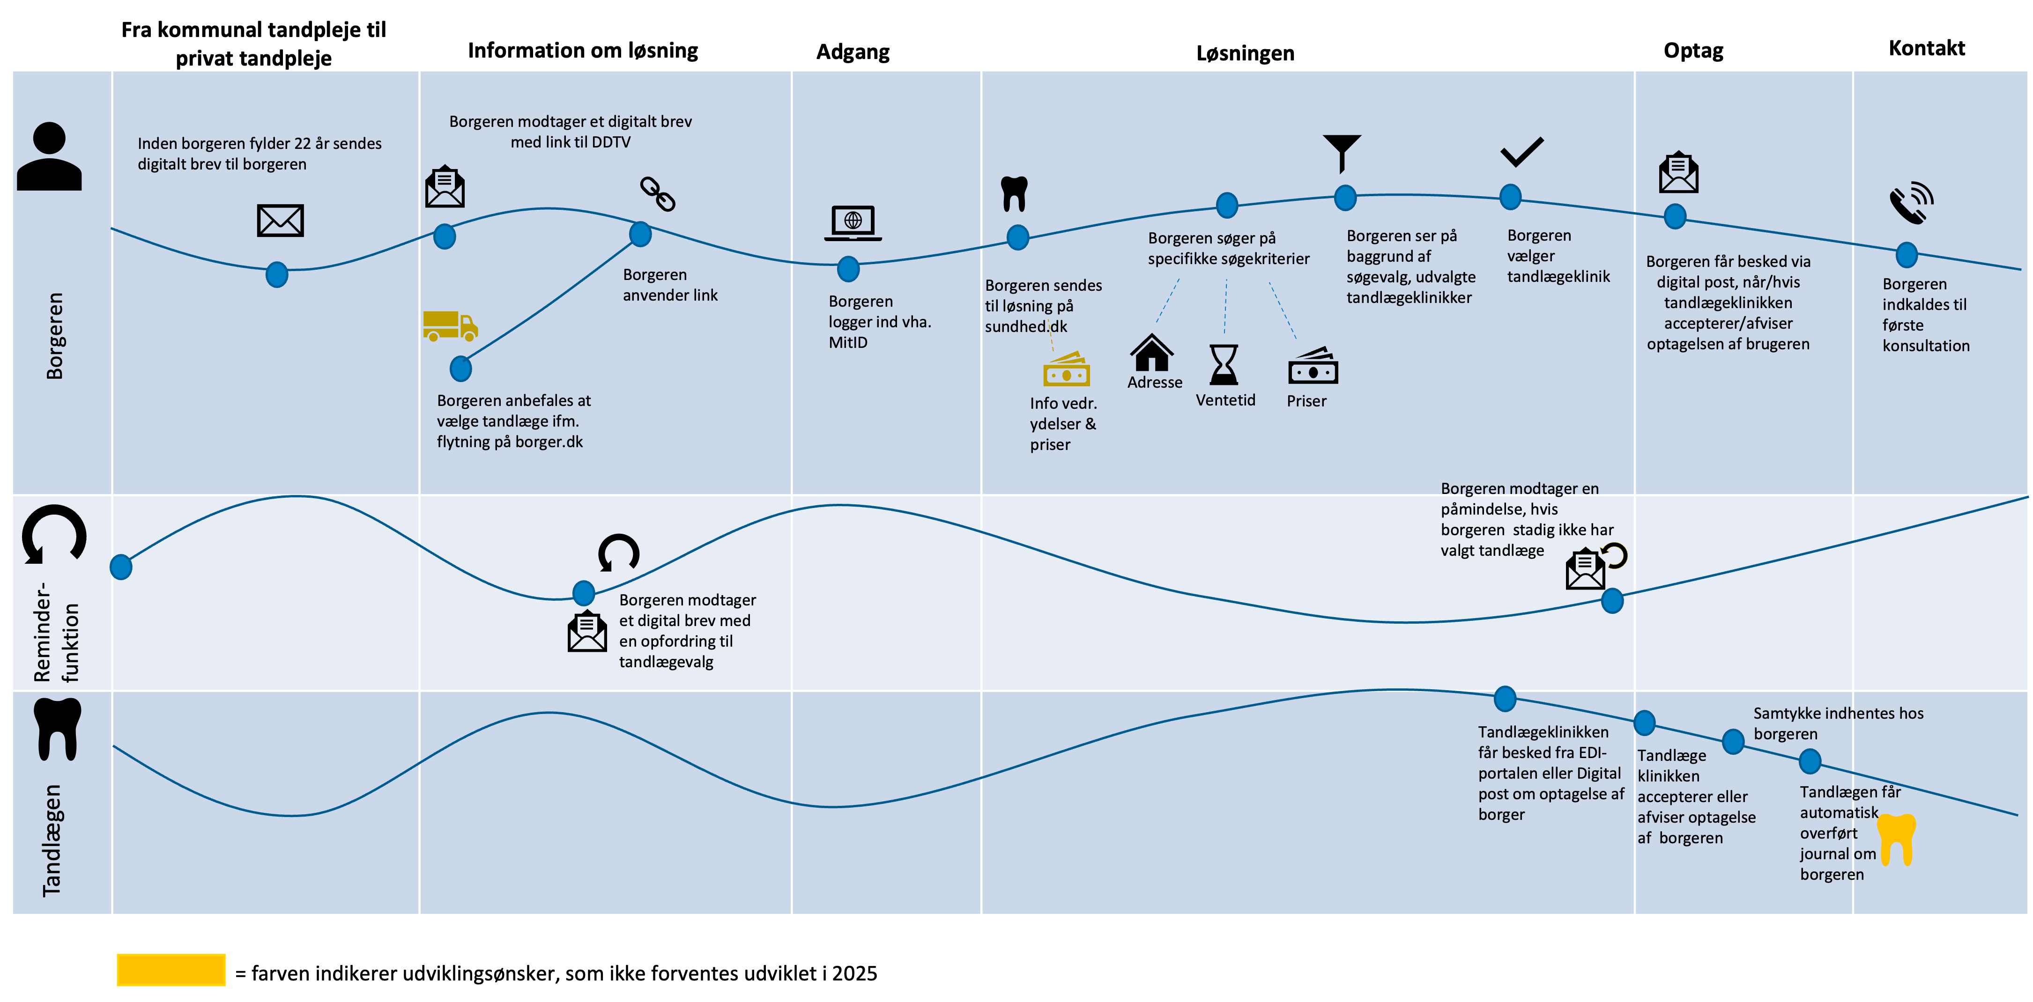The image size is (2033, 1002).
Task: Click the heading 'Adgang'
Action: [853, 52]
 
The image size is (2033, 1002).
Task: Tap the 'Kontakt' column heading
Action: [1927, 48]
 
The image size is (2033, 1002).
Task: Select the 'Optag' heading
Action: [1693, 51]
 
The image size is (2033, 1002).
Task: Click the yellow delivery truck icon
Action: [450, 325]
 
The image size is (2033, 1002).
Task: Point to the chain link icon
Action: [657, 194]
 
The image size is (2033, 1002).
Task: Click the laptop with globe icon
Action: [853, 222]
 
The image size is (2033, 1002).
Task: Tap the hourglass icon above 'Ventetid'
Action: [1224, 364]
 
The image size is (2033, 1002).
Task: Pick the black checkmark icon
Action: [1521, 152]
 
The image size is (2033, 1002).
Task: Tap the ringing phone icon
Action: [1911, 204]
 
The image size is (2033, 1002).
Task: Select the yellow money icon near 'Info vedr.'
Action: [1066, 369]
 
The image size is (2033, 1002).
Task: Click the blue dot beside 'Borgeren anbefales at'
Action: [461, 368]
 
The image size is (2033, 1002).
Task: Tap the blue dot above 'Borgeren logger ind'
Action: [848, 269]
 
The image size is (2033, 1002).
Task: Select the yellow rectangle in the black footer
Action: [171, 970]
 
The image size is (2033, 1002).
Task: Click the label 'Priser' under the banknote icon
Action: [1306, 401]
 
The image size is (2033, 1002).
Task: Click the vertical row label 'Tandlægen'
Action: [52, 840]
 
